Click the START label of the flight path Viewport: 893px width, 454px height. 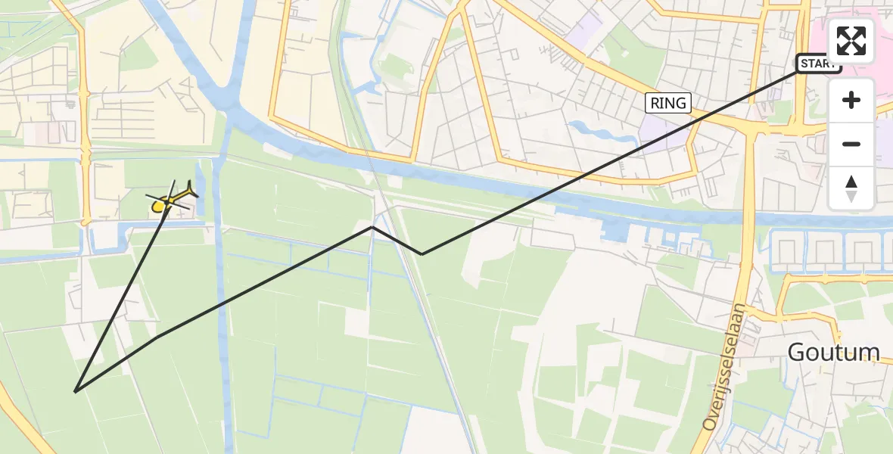tap(818, 64)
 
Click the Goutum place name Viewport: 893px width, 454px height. tap(833, 352)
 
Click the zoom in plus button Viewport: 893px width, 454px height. tap(851, 100)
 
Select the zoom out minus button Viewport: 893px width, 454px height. tap(851, 144)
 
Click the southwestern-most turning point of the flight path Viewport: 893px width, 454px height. tap(76, 391)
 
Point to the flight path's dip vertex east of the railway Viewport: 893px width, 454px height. tap(422, 254)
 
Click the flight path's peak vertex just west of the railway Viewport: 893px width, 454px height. tap(372, 226)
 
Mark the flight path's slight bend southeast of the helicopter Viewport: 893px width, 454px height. tap(158, 337)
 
